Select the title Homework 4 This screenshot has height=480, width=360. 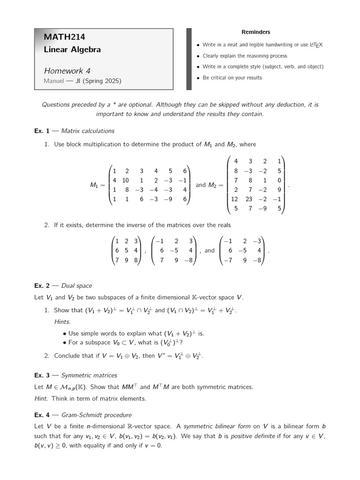pyautogui.click(x=67, y=71)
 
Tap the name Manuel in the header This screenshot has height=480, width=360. pyautogui.click(x=54, y=81)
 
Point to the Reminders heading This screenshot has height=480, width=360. pyautogui.click(x=255, y=32)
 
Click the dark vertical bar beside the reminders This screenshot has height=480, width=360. pyautogui.click(x=189, y=59)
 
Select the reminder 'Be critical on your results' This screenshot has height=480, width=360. pyautogui.click(x=232, y=78)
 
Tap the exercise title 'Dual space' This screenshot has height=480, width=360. pyautogui.click(x=76, y=285)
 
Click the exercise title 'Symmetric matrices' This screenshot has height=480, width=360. pyautogui.click(x=89, y=375)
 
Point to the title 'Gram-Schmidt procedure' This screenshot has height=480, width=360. pyautogui.click(x=97, y=415)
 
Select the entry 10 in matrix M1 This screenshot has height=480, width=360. pyautogui.click(x=126, y=180)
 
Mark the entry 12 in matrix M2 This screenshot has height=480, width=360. pyautogui.click(x=234, y=199)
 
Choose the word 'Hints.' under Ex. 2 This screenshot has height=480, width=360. pyautogui.click(x=62, y=322)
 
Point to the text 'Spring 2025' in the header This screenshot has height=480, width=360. pyautogui.click(x=103, y=81)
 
